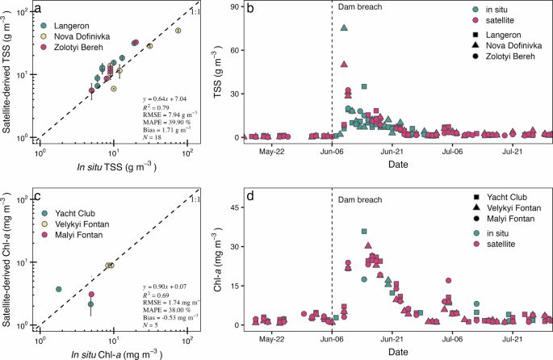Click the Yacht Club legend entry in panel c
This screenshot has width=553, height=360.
(72, 213)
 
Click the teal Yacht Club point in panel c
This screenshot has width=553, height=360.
(58, 289)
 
